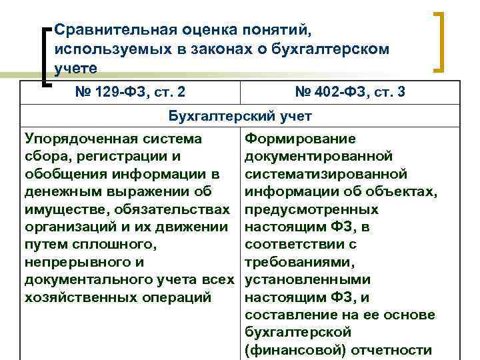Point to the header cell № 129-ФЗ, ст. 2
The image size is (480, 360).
coord(129,93)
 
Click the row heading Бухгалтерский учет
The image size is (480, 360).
coord(239,116)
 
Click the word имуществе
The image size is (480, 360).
coord(63,209)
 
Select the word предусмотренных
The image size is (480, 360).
coord(312,209)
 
